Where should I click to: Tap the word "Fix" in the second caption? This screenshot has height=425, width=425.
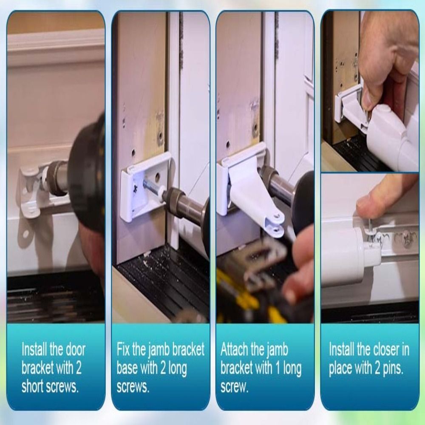tap(124, 350)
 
